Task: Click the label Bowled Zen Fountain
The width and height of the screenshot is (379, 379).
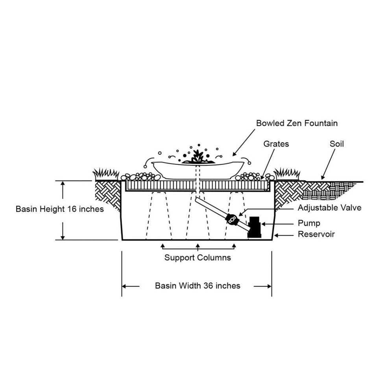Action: tap(297, 123)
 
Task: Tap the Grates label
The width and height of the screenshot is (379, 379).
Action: tap(276, 144)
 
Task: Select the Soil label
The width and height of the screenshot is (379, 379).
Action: tap(336, 144)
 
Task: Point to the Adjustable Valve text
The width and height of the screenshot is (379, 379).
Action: tap(329, 207)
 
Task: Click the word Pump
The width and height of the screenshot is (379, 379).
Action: tap(309, 224)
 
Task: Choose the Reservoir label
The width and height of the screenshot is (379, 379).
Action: tap(316, 234)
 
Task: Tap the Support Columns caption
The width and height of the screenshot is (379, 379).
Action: tap(198, 258)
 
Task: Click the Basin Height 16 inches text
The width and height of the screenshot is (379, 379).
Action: tap(60, 209)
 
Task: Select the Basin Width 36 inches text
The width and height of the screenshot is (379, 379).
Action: tap(198, 286)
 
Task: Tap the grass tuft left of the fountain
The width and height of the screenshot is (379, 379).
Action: tap(105, 173)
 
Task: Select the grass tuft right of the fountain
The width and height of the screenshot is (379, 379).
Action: tap(287, 173)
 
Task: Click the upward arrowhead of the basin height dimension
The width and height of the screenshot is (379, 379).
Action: tap(63, 184)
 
